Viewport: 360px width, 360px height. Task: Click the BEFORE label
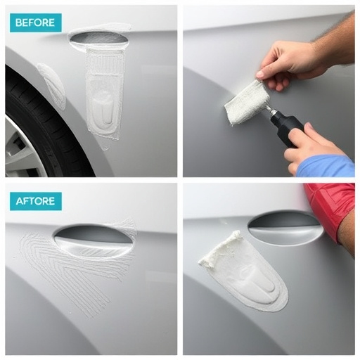click(x=36, y=22)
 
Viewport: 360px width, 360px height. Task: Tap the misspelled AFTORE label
click(x=36, y=201)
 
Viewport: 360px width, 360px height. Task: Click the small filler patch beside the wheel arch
click(x=51, y=84)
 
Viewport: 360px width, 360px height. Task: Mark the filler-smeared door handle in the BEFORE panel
click(x=98, y=37)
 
